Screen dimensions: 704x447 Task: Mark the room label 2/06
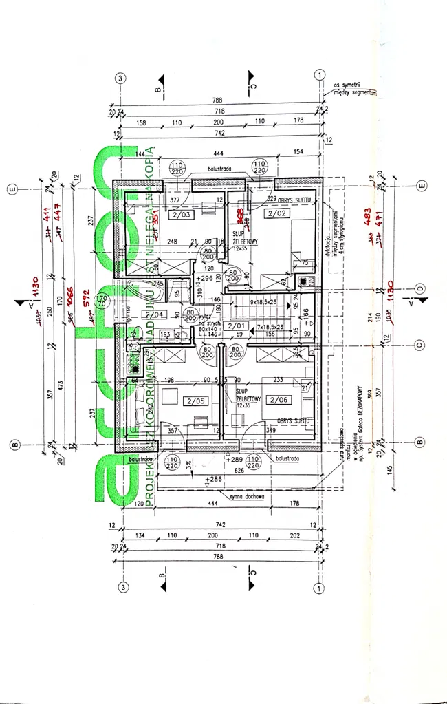[277, 400]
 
